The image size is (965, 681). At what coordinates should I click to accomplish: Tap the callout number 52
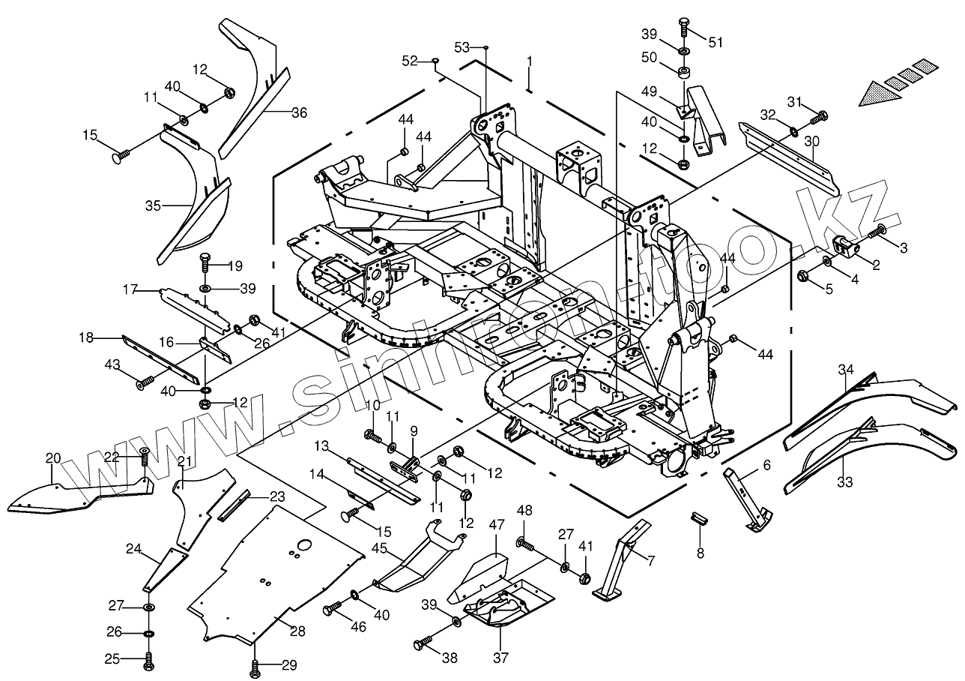pyautogui.click(x=409, y=60)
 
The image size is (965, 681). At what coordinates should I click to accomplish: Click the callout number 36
pyautogui.click(x=299, y=113)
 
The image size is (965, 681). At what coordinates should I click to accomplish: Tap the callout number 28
pyautogui.click(x=298, y=631)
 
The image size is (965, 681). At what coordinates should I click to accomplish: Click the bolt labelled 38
pyautogui.click(x=421, y=644)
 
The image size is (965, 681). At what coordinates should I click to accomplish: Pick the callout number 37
pyautogui.click(x=500, y=658)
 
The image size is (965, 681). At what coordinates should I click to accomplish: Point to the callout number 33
pyautogui.click(x=844, y=483)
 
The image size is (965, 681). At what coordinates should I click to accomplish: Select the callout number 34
pyautogui.click(x=846, y=370)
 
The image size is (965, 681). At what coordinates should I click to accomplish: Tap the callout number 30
pyautogui.click(x=812, y=141)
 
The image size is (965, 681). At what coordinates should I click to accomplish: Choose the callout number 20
pyautogui.click(x=52, y=458)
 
